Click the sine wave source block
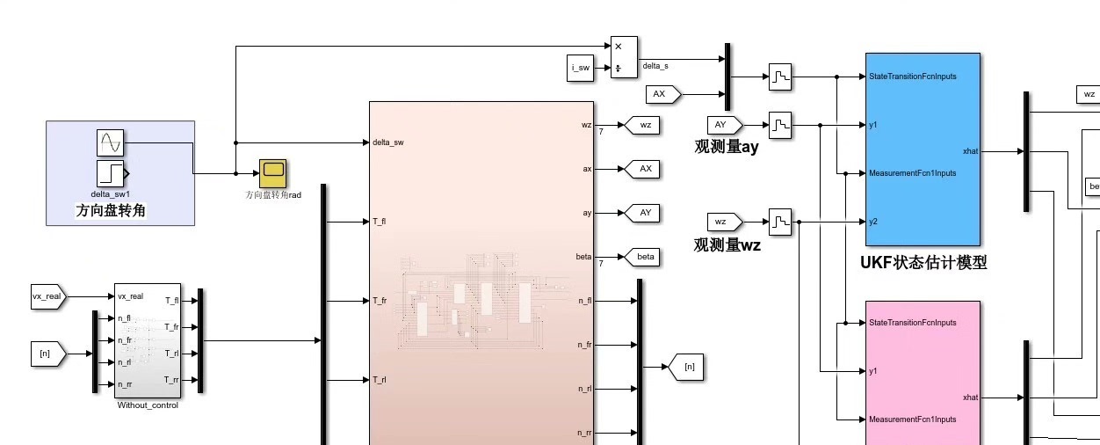pos(110,142)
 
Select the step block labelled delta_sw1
pos(111,173)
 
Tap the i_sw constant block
pos(580,68)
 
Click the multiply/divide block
pos(624,57)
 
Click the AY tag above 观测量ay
pos(724,125)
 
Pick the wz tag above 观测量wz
pos(724,222)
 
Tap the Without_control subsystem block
pos(148,340)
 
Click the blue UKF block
pos(922,149)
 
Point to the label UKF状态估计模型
pos(923,262)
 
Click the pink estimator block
pos(922,374)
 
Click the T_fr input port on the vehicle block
pos(380,301)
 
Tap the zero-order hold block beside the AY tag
pos(780,125)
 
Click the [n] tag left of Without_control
pos(46,354)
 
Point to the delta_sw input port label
pos(387,142)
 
